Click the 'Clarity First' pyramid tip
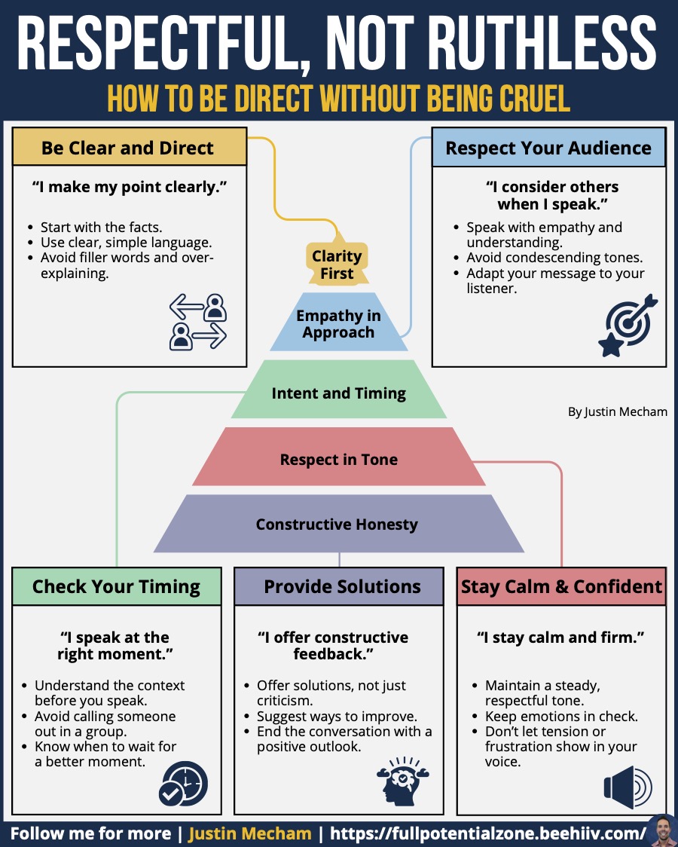337,262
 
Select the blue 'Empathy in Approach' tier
338,323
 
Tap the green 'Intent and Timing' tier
338,390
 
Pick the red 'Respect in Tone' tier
338,457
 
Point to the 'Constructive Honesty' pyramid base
338,524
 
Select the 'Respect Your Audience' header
548,148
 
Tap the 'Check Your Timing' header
117,586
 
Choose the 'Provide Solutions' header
339,586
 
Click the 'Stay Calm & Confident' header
561,586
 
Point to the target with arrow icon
628,326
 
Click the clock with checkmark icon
184,784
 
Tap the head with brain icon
403,781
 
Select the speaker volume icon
628,787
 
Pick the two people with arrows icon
198,322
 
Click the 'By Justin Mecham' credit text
618,411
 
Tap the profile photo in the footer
662,830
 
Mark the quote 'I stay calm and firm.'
561,638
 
